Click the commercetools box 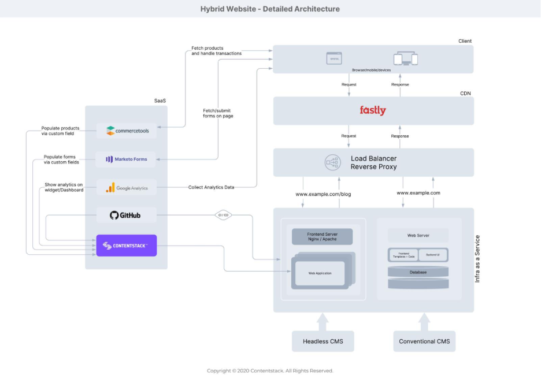click(x=127, y=131)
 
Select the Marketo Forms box click(x=127, y=159)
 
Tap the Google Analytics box click(x=127, y=187)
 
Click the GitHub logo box click(x=126, y=216)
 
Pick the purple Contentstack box click(x=126, y=246)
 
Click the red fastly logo click(x=373, y=110)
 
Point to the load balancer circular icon click(x=332, y=162)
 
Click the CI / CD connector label click(x=223, y=216)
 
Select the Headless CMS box click(x=323, y=341)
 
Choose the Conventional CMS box click(x=424, y=341)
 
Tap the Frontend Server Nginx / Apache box click(x=323, y=237)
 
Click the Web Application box click(x=320, y=273)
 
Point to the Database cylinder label click(x=417, y=272)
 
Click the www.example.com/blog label click(x=323, y=194)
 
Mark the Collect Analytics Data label click(x=211, y=187)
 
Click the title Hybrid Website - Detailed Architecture click(x=270, y=9)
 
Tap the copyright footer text click(x=270, y=370)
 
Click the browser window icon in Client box click(x=334, y=58)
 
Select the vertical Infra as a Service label click(x=477, y=258)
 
